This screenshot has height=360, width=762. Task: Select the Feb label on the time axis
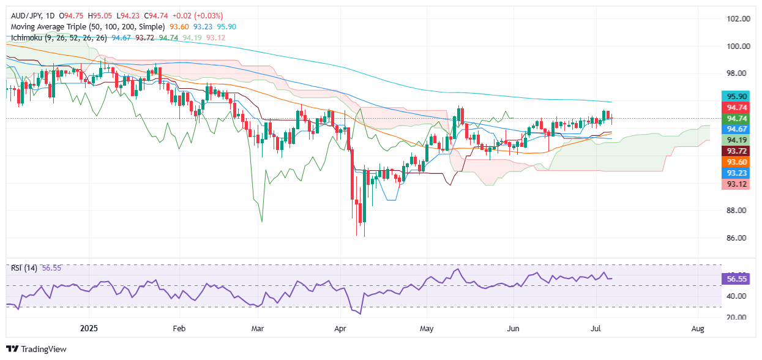[x=179, y=328]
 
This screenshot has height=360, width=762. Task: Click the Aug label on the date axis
[x=698, y=328]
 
